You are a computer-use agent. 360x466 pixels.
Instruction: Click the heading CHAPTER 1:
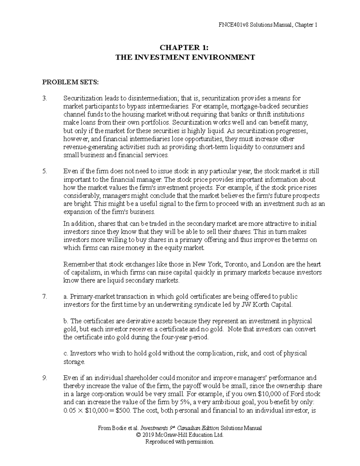tap(180, 47)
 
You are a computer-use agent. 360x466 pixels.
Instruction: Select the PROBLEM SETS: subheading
tap(70, 82)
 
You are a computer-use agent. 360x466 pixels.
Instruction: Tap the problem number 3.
tap(45, 98)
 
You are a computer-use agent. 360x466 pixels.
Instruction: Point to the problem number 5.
tap(45, 171)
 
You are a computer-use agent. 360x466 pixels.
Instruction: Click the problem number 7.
tap(45, 297)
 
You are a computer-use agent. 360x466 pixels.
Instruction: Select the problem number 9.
tap(45, 378)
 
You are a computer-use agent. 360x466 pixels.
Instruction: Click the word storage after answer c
tap(74, 362)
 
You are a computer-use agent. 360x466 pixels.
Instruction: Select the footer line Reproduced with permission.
tap(180, 441)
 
